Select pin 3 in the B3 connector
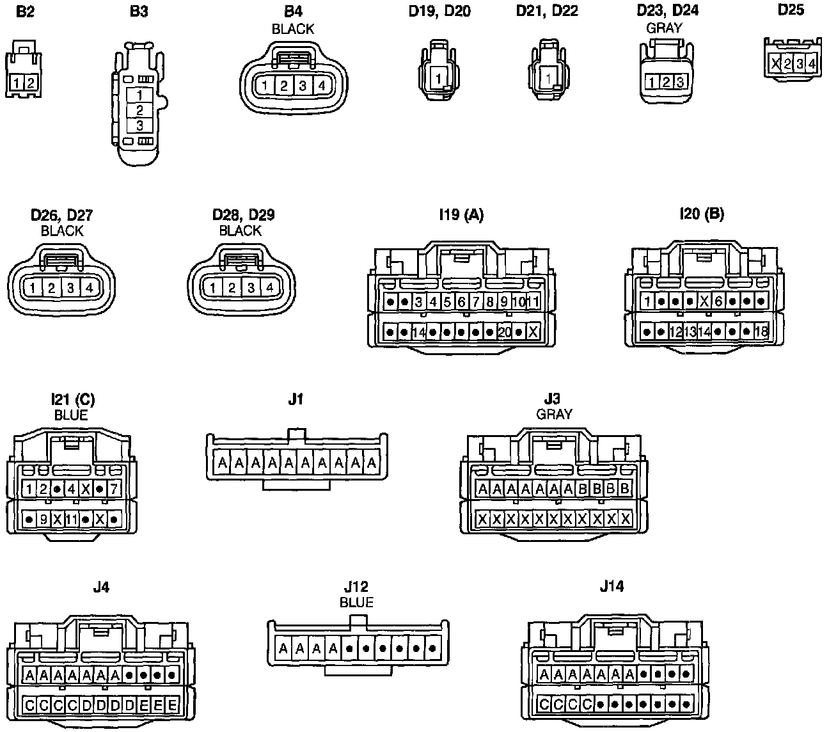coord(139,126)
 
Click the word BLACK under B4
coord(293,29)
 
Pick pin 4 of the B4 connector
coord(322,85)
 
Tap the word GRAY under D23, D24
coord(664,28)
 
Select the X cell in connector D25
coord(775,63)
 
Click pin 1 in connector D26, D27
coord(32,288)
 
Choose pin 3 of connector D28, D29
coord(251,288)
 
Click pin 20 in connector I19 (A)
coord(504,332)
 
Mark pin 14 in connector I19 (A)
coord(419,332)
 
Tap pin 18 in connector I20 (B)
coord(761,331)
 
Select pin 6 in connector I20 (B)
coord(719,301)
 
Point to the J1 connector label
coord(295,399)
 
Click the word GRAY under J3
coord(554,413)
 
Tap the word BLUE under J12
coord(356,602)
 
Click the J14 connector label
coord(612,585)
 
